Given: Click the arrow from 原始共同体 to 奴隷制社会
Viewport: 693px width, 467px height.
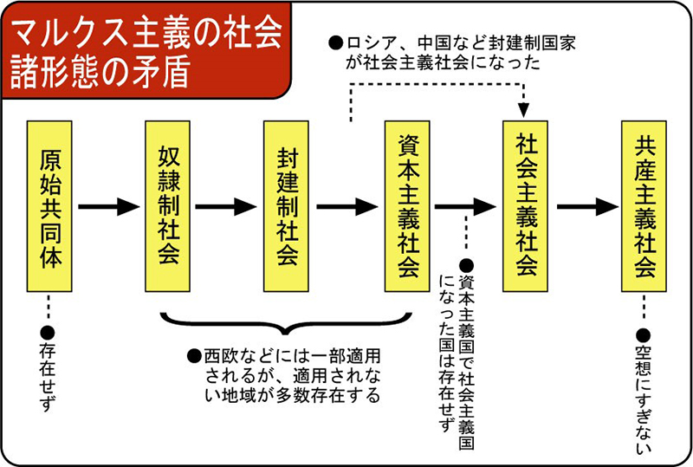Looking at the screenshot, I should click(108, 207).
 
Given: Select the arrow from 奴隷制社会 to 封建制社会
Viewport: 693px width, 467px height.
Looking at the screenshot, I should click(227, 207).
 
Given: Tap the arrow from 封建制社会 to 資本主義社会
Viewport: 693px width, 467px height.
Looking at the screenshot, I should click(346, 207).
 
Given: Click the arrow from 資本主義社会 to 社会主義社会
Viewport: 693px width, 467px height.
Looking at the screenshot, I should click(465, 207).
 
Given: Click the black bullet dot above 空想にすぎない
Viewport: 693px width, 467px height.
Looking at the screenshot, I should click(642, 334).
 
